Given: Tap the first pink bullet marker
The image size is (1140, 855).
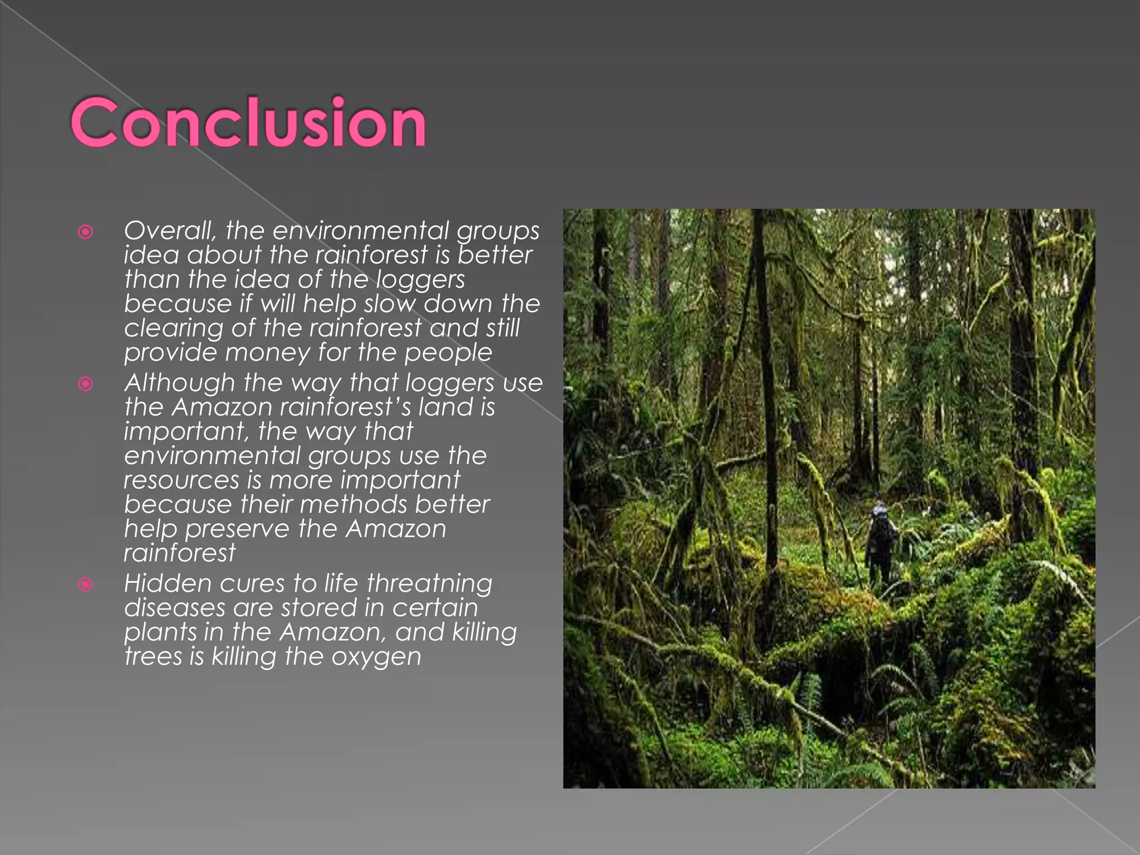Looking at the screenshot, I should click(x=86, y=232).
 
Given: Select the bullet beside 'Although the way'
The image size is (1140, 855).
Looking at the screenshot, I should click(x=86, y=384).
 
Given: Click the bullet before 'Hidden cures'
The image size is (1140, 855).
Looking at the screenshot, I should click(x=86, y=584).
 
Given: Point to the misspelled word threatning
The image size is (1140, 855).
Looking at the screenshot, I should click(x=429, y=583).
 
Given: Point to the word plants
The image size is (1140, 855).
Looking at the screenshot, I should click(x=160, y=632).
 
